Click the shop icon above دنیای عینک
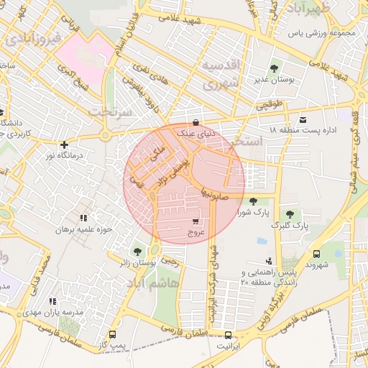click(196, 122)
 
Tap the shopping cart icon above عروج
click(196, 221)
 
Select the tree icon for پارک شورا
click(253, 201)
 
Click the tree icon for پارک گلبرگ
click(290, 213)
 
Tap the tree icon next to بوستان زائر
click(137, 251)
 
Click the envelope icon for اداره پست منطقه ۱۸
click(303, 119)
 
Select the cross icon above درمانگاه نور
click(65, 144)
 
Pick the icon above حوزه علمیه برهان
click(84, 217)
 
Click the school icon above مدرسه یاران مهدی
click(52, 302)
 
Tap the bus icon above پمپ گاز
click(112, 334)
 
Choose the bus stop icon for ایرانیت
click(229, 335)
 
